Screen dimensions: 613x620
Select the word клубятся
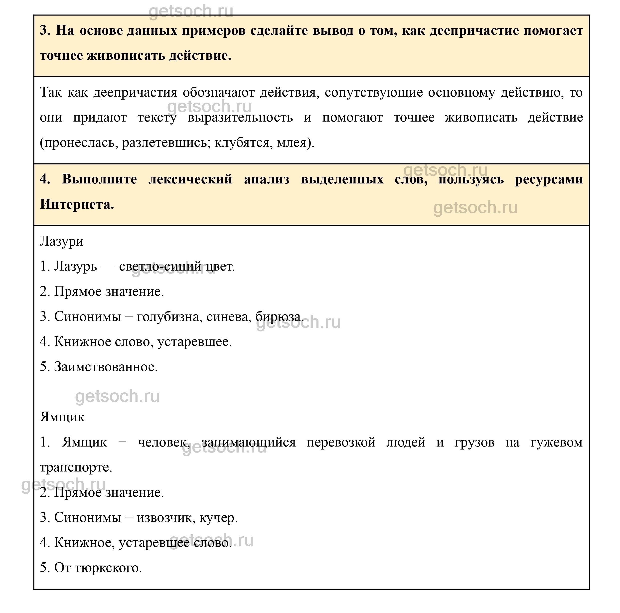coord(243,142)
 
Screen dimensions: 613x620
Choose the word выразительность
coord(240,118)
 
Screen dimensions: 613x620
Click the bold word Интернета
coord(77,204)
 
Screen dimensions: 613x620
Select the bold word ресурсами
coord(549,179)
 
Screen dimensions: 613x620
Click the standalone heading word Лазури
coord(62,241)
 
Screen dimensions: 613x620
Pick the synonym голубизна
coord(169,316)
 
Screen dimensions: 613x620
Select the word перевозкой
coord(341,442)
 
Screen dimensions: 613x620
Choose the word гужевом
coord(556,442)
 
